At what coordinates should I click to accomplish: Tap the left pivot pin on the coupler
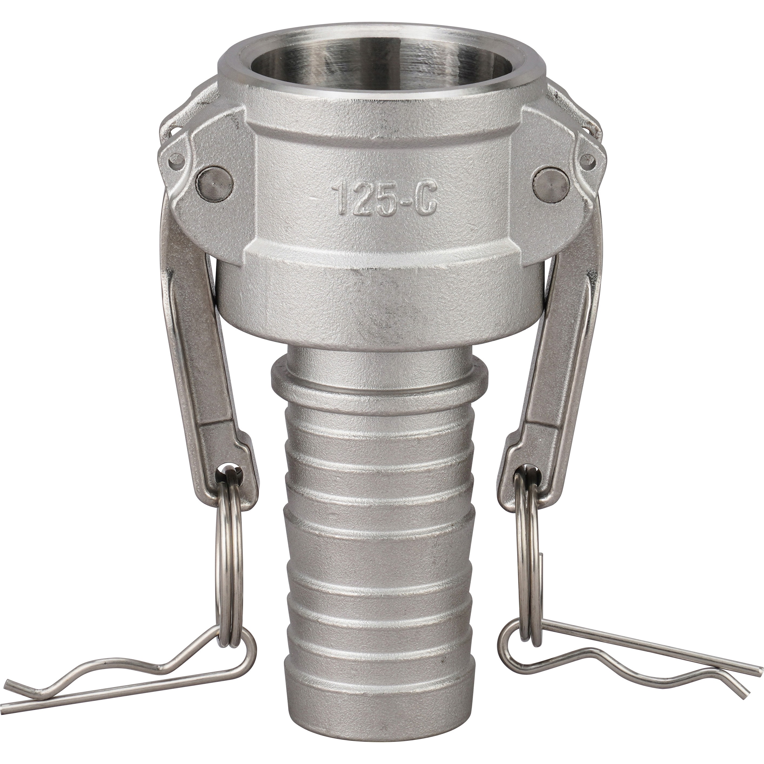pyautogui.click(x=215, y=182)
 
